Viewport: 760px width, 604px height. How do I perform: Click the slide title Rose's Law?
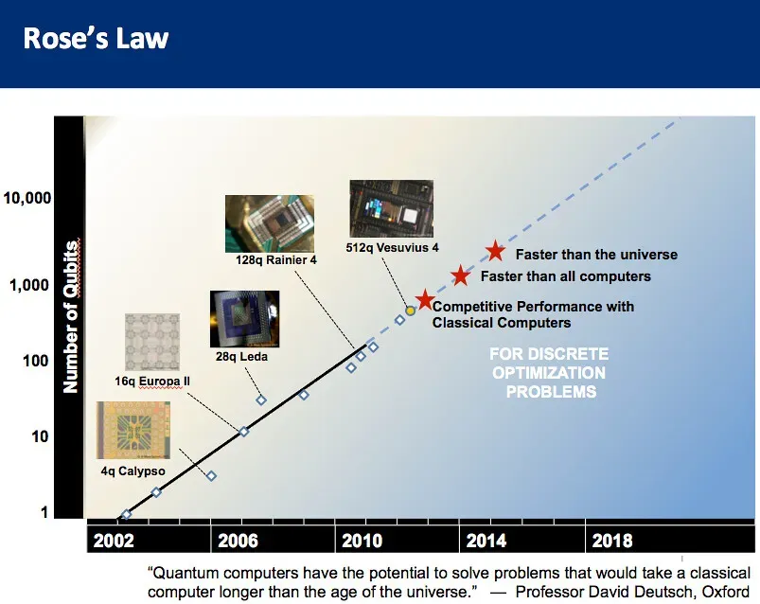point(96,40)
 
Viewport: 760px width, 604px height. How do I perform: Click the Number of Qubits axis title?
point(71,316)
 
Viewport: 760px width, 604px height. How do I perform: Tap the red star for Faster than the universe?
point(495,251)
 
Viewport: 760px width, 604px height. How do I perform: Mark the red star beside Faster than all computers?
point(461,275)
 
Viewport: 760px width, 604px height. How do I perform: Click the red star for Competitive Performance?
point(425,299)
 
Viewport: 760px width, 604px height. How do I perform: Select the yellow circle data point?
point(411,311)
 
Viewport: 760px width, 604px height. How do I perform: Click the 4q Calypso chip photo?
point(133,430)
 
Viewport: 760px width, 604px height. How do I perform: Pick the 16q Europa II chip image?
point(151,342)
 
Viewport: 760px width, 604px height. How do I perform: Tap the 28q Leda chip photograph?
point(244,319)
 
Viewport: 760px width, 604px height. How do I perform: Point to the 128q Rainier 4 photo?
point(269,222)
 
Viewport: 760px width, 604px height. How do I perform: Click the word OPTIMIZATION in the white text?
point(548,373)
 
